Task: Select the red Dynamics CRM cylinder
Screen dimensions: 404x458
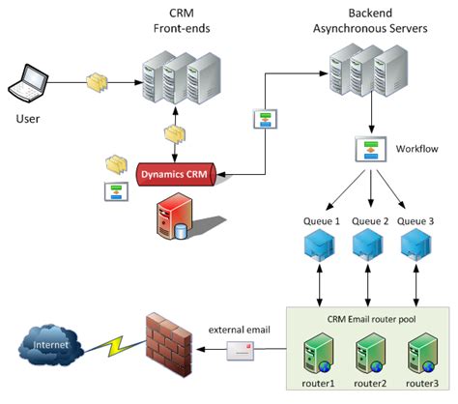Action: pos(170,175)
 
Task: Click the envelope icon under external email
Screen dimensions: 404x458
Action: pos(241,354)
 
